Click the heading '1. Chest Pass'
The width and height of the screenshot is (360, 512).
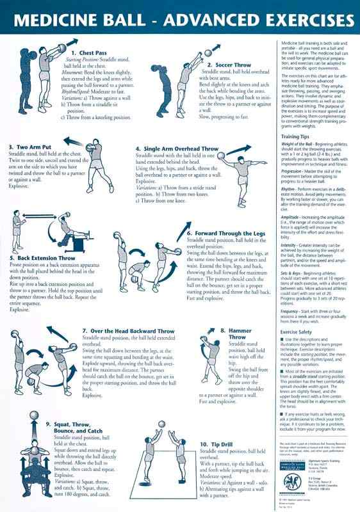[89, 52]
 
